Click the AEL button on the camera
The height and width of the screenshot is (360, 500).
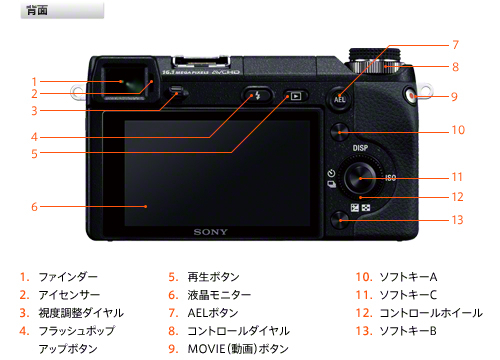(x=339, y=99)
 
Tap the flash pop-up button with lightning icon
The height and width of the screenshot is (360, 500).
(x=257, y=96)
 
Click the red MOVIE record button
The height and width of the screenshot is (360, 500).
(x=410, y=96)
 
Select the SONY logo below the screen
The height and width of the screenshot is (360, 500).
(x=211, y=232)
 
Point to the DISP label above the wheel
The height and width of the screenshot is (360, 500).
(x=360, y=148)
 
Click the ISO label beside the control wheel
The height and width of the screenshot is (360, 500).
(x=390, y=178)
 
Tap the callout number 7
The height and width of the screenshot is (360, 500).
(x=456, y=45)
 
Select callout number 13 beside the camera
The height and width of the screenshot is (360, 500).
(x=457, y=220)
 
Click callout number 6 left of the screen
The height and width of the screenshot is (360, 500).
(x=34, y=207)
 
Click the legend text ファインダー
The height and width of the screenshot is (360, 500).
(x=68, y=277)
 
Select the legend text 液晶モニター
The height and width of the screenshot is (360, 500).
(x=219, y=295)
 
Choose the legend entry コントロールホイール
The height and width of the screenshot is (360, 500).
(x=431, y=313)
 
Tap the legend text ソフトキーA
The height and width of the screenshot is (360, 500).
(x=408, y=277)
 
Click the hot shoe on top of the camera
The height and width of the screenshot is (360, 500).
(x=201, y=63)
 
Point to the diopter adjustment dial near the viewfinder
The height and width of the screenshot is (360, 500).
(x=177, y=92)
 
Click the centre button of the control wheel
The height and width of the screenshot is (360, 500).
(x=360, y=178)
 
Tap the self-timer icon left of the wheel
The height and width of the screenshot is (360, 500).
(x=331, y=173)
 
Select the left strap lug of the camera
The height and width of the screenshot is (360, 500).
(x=77, y=93)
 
